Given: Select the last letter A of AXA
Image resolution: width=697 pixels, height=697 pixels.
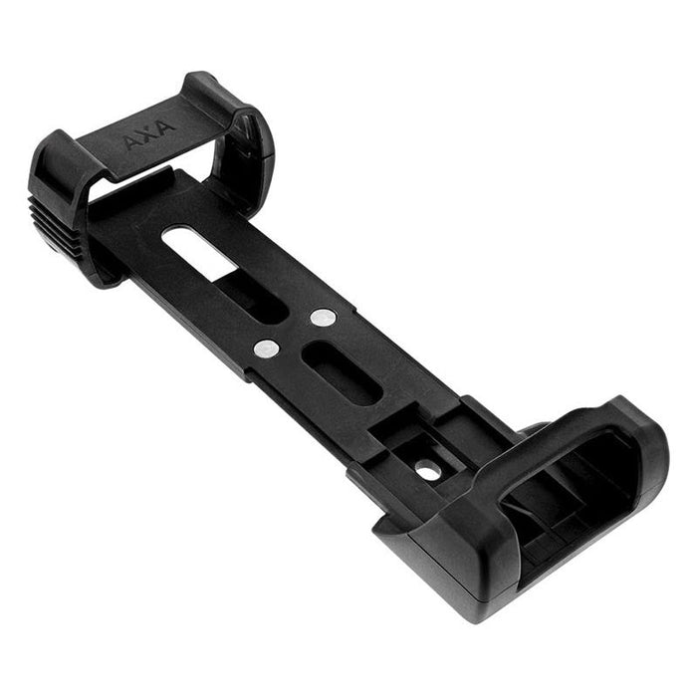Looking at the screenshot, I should click(x=165, y=125).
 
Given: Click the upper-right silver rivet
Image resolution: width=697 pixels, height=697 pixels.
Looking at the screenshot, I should click(x=322, y=318).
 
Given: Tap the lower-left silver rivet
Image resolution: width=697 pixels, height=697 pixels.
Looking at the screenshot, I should click(x=266, y=348).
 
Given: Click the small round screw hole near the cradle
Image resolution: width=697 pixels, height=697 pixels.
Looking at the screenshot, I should click(x=428, y=468).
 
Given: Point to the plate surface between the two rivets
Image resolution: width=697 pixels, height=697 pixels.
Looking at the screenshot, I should click(x=294, y=334).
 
